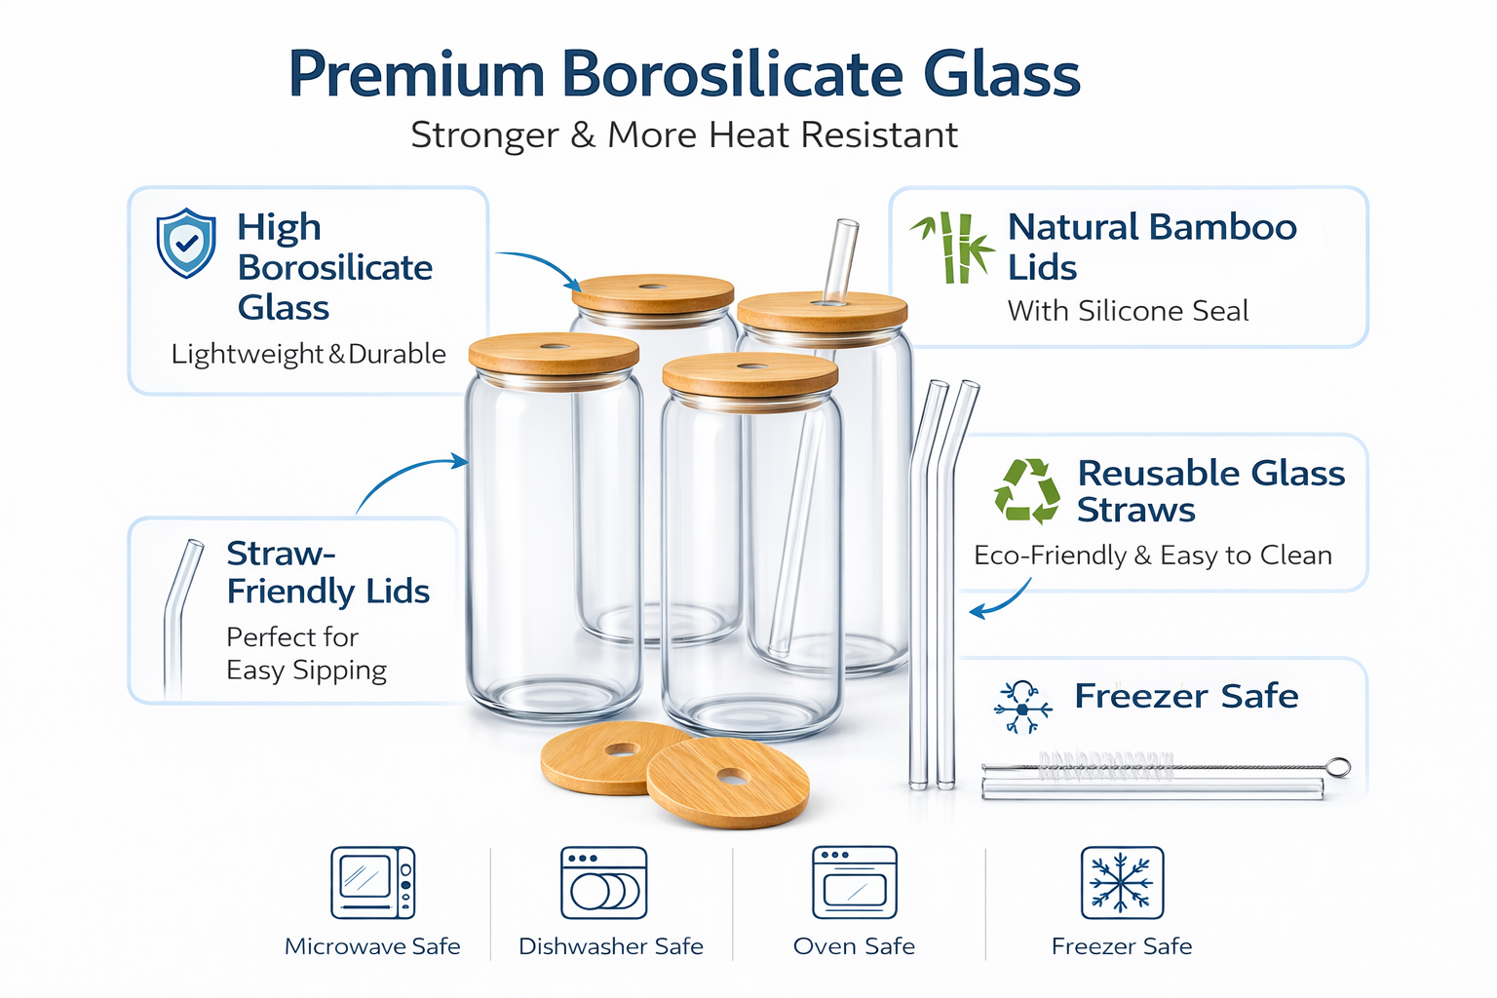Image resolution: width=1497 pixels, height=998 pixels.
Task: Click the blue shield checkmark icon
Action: click(x=185, y=243)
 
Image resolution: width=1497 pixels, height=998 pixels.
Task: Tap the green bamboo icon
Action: click(x=953, y=248)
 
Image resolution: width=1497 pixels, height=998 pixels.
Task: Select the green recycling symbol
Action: click(x=1026, y=491)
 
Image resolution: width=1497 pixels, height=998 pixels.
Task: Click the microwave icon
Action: click(x=372, y=883)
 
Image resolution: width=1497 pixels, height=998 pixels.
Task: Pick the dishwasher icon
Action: click(x=603, y=883)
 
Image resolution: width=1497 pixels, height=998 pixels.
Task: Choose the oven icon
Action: click(x=854, y=882)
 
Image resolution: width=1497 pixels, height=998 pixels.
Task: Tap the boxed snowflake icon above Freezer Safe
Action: click(x=1122, y=883)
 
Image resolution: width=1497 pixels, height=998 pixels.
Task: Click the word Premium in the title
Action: click(x=416, y=75)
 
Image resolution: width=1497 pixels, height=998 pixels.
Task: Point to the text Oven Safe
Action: click(x=854, y=946)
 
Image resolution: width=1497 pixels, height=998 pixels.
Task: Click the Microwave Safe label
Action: click(x=372, y=946)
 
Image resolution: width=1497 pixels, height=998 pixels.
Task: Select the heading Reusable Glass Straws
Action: click(x=1209, y=491)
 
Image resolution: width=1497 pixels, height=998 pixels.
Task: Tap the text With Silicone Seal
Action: click(x=1128, y=311)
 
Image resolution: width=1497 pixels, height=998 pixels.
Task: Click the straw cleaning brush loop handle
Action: click(x=1340, y=767)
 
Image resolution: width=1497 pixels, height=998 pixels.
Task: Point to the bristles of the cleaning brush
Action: click(x=1105, y=765)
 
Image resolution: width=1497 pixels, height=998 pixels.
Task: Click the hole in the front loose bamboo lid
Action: click(x=733, y=777)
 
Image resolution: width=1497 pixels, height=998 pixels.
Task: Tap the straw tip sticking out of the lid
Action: click(x=842, y=253)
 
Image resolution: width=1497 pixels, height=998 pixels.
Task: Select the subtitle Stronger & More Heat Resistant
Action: click(x=684, y=134)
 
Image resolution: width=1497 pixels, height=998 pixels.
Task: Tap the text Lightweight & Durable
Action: click(x=308, y=354)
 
